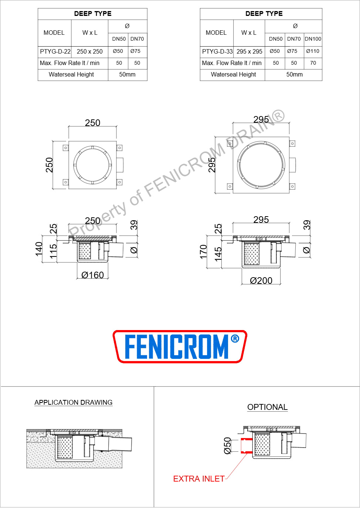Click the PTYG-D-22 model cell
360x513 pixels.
[x=55, y=51]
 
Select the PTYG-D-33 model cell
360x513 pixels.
[x=217, y=51]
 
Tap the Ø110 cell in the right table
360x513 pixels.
[x=313, y=51]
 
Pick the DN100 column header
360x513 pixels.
[x=313, y=39]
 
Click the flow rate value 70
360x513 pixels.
[x=313, y=63]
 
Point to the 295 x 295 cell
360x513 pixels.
[x=249, y=51]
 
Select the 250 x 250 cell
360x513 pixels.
[x=89, y=51]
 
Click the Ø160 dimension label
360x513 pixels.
[x=93, y=275]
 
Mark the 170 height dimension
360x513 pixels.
[x=203, y=252]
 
